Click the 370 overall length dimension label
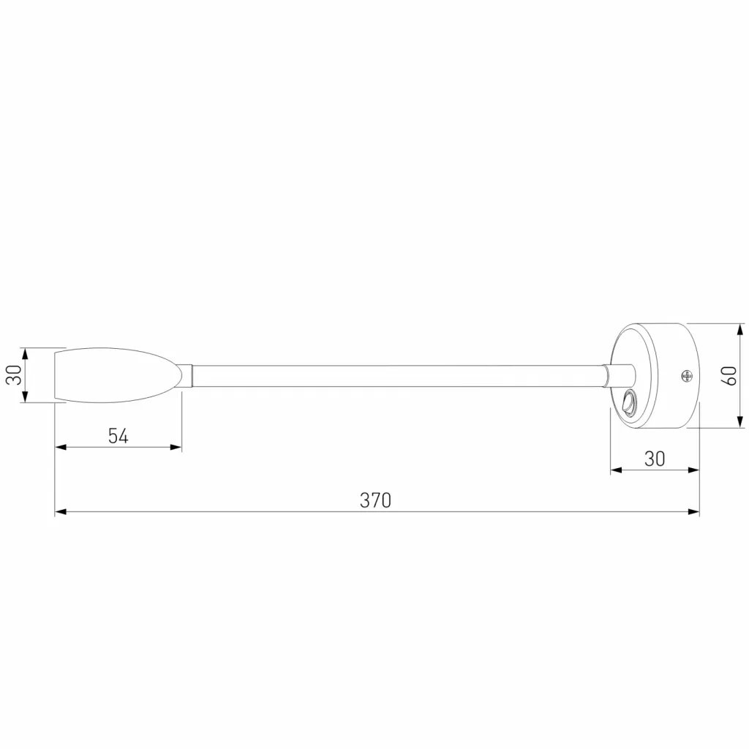click(375, 500)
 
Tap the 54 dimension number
click(118, 436)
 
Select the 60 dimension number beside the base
click(731, 376)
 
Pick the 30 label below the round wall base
click(655, 459)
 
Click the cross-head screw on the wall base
click(687, 376)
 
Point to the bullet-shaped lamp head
click(118, 375)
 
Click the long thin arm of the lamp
click(397, 376)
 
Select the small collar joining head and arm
click(187, 375)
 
